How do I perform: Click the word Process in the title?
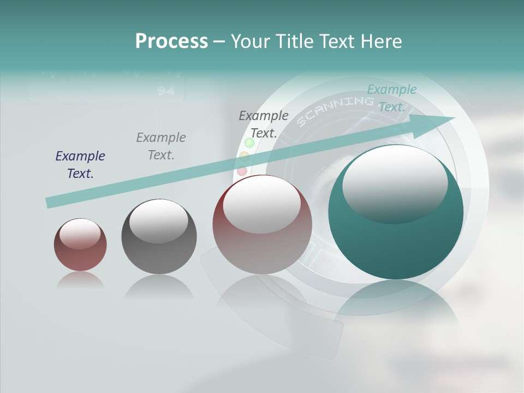pyautogui.click(x=171, y=41)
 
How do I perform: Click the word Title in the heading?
pyautogui.click(x=295, y=41)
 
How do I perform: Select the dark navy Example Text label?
pyautogui.click(x=80, y=164)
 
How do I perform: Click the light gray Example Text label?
pyautogui.click(x=161, y=146)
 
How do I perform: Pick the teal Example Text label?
pyautogui.click(x=391, y=98)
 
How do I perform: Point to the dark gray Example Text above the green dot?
pyautogui.click(x=264, y=124)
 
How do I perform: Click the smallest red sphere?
pyautogui.click(x=80, y=245)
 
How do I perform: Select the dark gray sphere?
pyautogui.click(x=159, y=236)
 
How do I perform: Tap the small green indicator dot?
pyautogui.click(x=249, y=143)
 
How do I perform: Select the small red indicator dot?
pyautogui.click(x=242, y=171)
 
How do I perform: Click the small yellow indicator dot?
pyautogui.click(x=245, y=157)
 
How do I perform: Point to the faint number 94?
pyautogui.click(x=166, y=91)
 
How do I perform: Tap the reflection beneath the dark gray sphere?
pyautogui.click(x=159, y=287)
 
